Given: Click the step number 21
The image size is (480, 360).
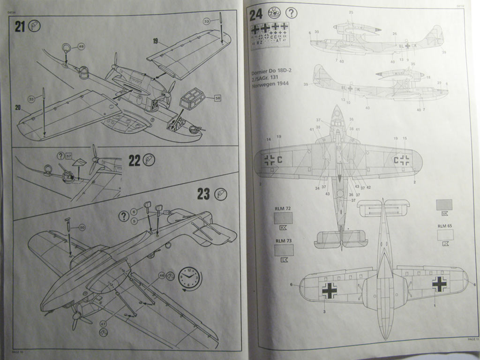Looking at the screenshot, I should pyautogui.click(x=19, y=26).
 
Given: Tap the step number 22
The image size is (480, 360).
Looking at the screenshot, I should pyautogui.click(x=135, y=160).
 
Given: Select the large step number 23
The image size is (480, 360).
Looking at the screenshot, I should pyautogui.click(x=203, y=194).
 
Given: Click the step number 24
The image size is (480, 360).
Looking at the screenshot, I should pyautogui.click(x=256, y=15).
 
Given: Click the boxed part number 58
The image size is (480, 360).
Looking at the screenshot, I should pyautogui.click(x=217, y=98).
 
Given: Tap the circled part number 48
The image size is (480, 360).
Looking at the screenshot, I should pyautogui.click(x=81, y=46).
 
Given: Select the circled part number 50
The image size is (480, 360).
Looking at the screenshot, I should pyautogui.click(x=82, y=227).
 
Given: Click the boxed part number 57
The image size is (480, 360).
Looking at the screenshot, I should pyautogui.click(x=69, y=156).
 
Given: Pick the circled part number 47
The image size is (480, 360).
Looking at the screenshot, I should pyautogui.click(x=103, y=324).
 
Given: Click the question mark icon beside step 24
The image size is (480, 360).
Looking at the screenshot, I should pyautogui.click(x=291, y=13).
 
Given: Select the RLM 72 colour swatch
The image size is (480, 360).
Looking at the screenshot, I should pyautogui.click(x=283, y=217).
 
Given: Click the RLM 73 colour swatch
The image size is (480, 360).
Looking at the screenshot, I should pyautogui.click(x=284, y=250).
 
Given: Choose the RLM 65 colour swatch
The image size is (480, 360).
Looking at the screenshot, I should pyautogui.click(x=445, y=234).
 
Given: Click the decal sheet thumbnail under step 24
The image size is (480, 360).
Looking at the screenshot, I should pyautogui.click(x=270, y=35).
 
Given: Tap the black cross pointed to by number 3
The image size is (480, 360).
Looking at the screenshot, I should pyautogui.click(x=329, y=290).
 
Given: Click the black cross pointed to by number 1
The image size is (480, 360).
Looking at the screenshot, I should pyautogui.click(x=439, y=284).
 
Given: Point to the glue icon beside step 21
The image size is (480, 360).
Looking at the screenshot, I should pyautogui.click(x=35, y=26).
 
